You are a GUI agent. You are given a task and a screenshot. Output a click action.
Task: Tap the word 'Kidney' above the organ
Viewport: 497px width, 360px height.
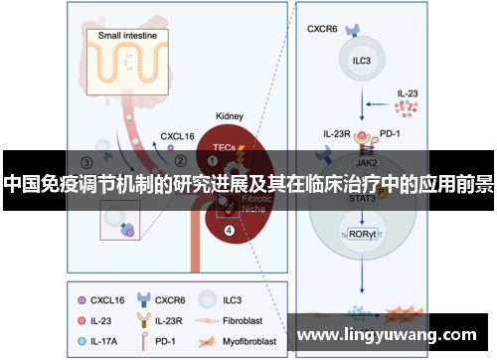point(231,116)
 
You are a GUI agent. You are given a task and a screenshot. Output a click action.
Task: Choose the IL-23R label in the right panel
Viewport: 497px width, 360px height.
point(337,131)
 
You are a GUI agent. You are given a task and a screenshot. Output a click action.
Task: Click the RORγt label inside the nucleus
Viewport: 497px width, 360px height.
point(359,235)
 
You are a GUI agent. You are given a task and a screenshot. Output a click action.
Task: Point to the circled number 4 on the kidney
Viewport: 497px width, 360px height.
point(230,231)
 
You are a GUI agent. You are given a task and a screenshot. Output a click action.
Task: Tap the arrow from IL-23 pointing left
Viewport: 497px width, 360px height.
point(384,103)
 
